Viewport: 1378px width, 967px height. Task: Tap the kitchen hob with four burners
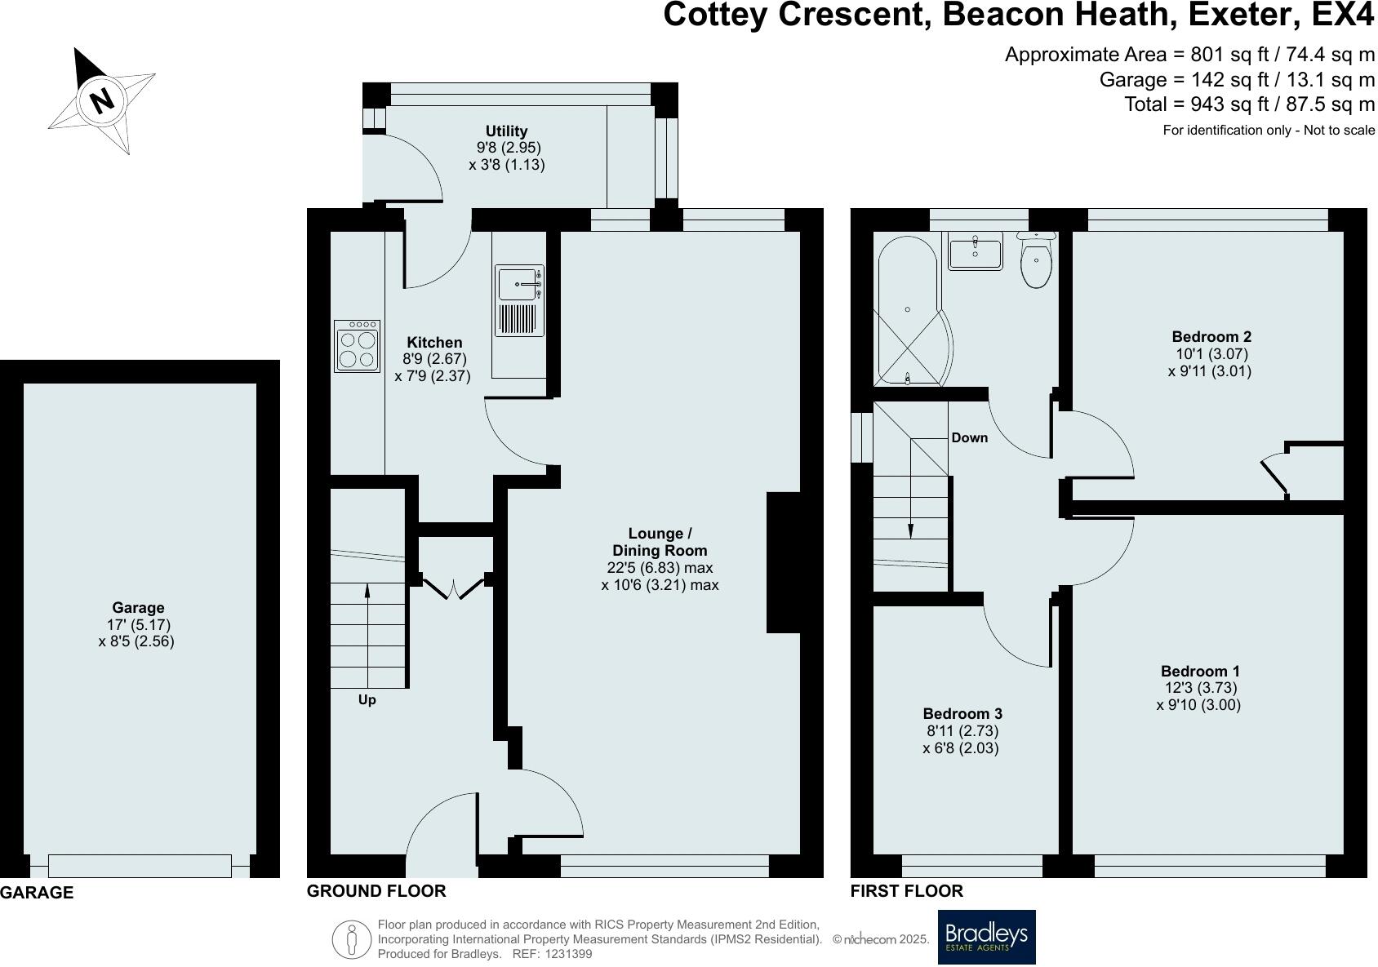(357, 346)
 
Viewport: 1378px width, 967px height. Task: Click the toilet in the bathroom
(1036, 259)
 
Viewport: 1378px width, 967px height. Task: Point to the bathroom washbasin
(976, 251)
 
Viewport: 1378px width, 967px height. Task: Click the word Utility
(506, 131)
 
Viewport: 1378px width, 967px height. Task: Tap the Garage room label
(138, 607)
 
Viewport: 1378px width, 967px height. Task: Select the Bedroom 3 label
(962, 714)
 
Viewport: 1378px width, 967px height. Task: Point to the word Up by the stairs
(367, 700)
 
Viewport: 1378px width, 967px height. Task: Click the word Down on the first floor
(970, 437)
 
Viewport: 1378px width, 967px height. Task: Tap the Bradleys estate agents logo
(987, 937)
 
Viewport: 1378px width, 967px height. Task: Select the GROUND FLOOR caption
(376, 891)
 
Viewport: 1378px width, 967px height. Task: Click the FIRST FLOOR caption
(907, 891)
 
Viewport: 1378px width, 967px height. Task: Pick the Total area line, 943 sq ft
(1250, 104)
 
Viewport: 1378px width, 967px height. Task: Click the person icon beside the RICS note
(351, 939)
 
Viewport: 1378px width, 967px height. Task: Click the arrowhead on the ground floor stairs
(367, 591)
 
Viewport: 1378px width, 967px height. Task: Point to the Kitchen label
(434, 343)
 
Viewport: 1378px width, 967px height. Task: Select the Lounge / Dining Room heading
(660, 542)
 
